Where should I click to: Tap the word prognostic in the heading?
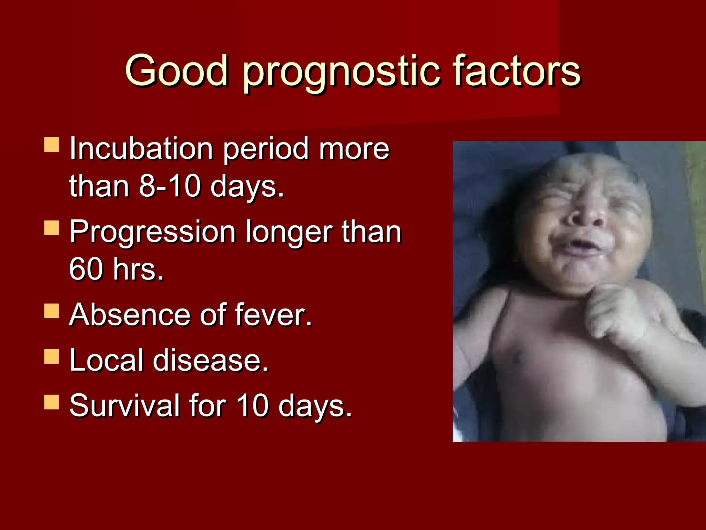pyautogui.click(x=341, y=72)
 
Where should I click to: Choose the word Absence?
pyautogui.click(x=129, y=315)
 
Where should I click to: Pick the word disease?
pyautogui.click(x=210, y=360)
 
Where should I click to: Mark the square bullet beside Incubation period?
pyautogui.click(x=52, y=145)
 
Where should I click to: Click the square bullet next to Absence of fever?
pyautogui.click(x=52, y=311)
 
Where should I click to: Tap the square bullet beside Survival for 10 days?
pyautogui.click(x=52, y=402)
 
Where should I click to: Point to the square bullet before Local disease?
pyautogui.click(x=52, y=356)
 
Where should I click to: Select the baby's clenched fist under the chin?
pyautogui.click(x=617, y=312)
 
